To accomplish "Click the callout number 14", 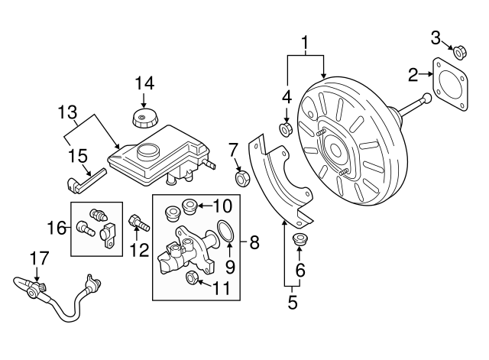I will tap(144, 83).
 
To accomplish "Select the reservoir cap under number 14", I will tap(144, 118).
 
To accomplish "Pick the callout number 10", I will tap(222, 205).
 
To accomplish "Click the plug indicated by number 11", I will tap(193, 277).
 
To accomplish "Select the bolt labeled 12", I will tap(138, 224).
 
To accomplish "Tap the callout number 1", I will tap(306, 43).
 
